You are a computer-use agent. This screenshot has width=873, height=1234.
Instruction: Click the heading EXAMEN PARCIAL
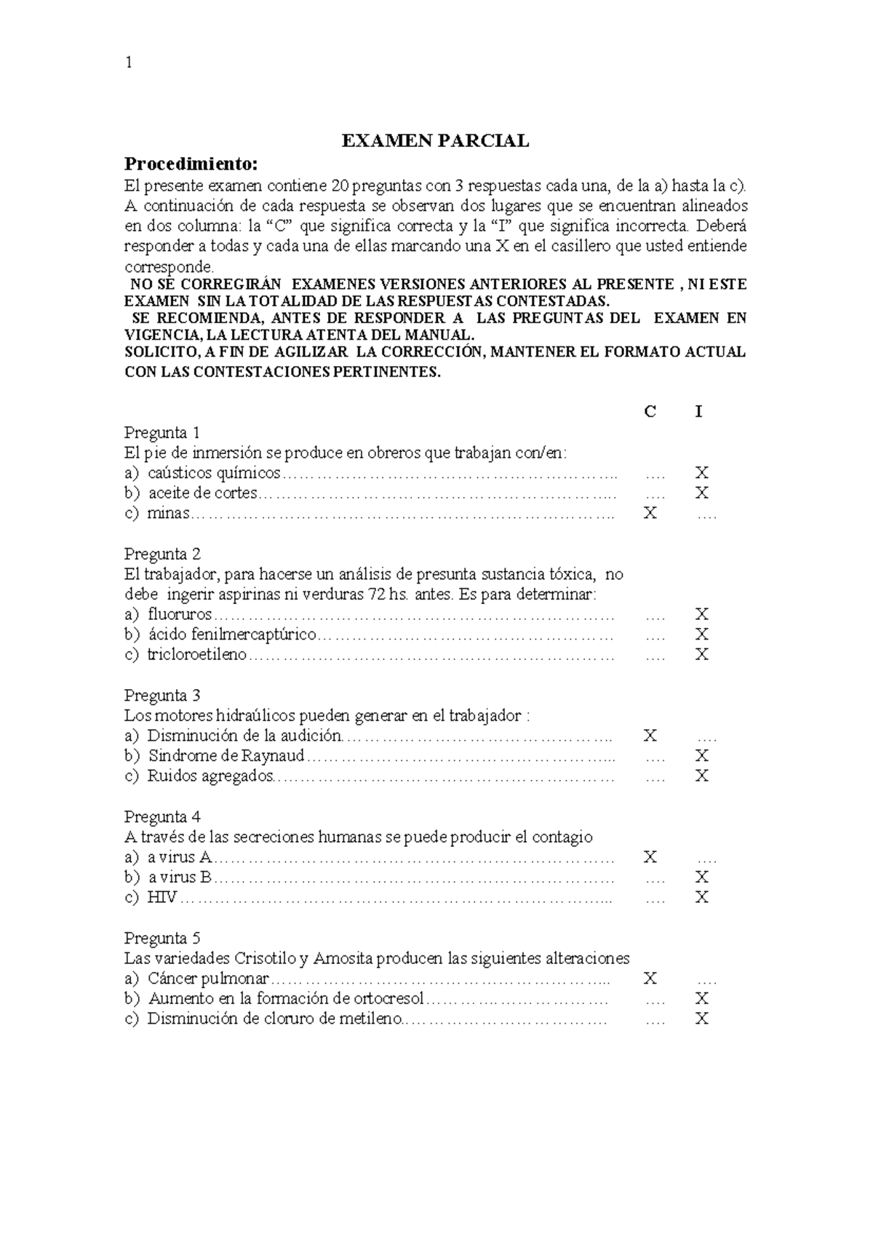pyautogui.click(x=436, y=141)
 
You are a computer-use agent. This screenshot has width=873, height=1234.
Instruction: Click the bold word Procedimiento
pyautogui.click(x=191, y=162)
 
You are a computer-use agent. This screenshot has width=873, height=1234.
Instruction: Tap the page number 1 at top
pyautogui.click(x=129, y=63)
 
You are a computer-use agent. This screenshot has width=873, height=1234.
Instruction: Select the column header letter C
pyautogui.click(x=650, y=412)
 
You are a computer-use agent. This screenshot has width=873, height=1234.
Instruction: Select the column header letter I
pyautogui.click(x=699, y=412)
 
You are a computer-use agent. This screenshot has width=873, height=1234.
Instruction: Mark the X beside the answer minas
pyautogui.click(x=650, y=513)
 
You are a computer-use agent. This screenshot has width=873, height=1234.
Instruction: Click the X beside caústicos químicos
pyautogui.click(x=701, y=473)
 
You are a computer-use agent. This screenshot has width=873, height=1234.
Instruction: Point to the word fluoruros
pyautogui.click(x=179, y=614)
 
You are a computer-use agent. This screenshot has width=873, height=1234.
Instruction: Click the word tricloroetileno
pyautogui.click(x=196, y=654)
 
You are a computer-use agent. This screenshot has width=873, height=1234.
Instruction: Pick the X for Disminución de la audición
pyautogui.click(x=650, y=736)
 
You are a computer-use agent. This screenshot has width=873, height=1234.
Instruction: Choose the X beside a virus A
pyautogui.click(x=650, y=857)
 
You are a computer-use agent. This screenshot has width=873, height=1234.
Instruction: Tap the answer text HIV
pyautogui.click(x=162, y=897)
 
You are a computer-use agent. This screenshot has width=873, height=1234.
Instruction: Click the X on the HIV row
pyautogui.click(x=701, y=897)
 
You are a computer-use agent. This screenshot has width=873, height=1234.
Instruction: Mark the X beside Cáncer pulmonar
pyautogui.click(x=650, y=979)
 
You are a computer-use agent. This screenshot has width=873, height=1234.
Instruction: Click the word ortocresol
pyautogui.click(x=388, y=998)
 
